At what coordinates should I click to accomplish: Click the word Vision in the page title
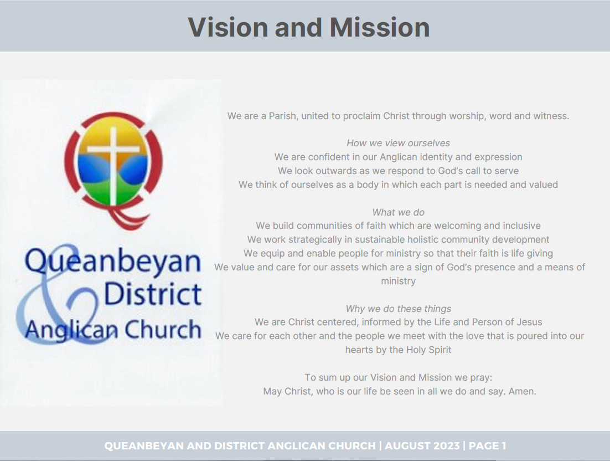(229, 27)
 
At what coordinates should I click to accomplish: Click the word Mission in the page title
(380, 27)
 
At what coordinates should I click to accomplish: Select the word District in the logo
(153, 294)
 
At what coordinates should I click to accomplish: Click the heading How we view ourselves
(398, 144)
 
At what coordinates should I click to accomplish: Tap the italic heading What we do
(398, 212)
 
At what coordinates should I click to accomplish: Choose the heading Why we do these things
(399, 309)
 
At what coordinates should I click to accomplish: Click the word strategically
(317, 239)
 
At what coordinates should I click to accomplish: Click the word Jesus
(530, 322)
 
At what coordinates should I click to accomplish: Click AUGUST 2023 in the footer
(422, 446)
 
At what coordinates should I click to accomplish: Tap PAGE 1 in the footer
(488, 446)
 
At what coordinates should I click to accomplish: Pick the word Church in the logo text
(163, 330)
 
